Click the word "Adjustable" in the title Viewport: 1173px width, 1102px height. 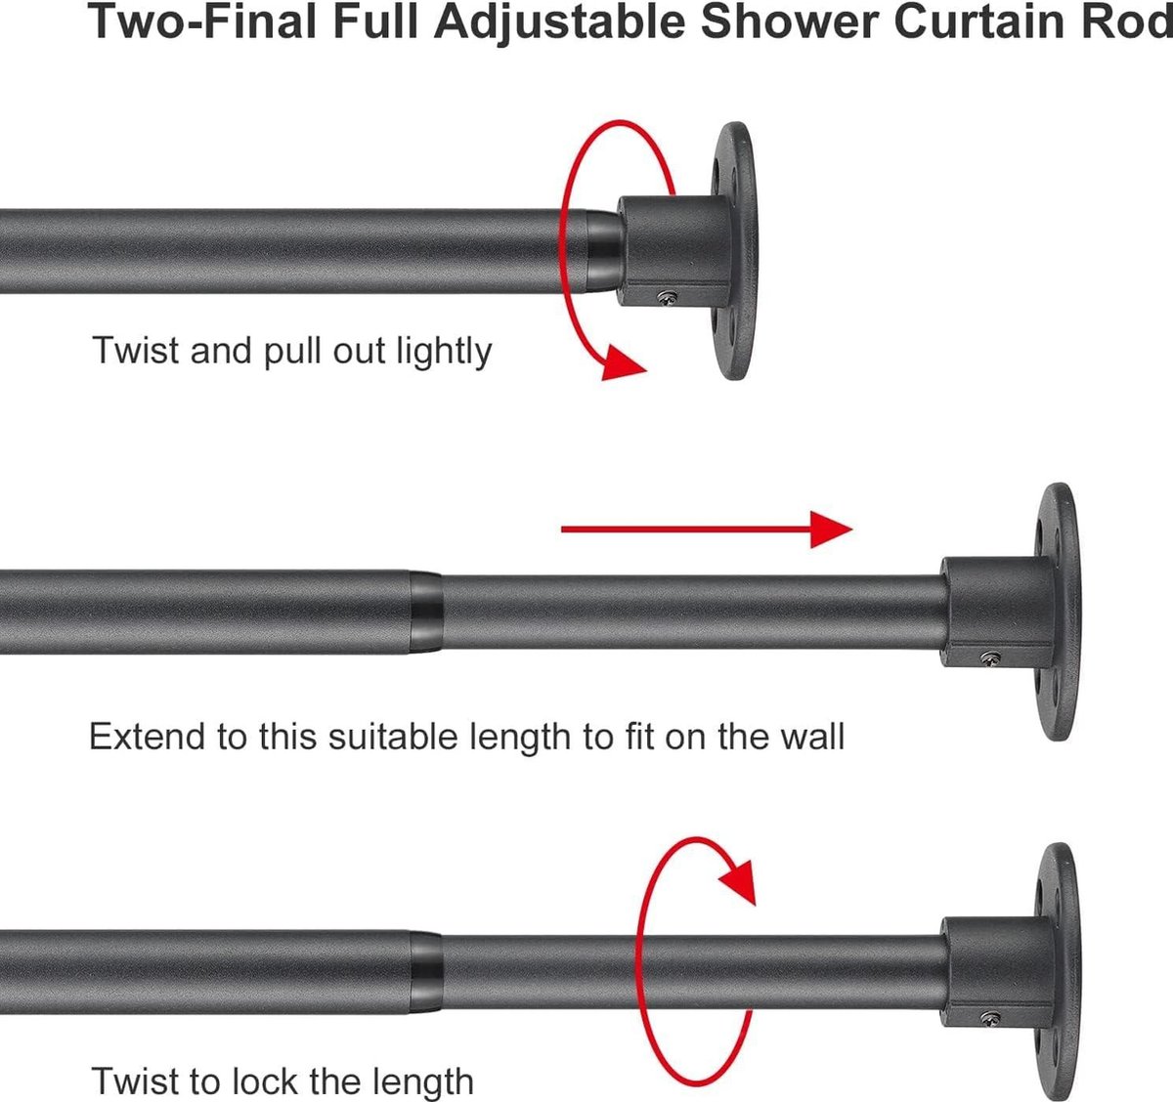click(x=559, y=21)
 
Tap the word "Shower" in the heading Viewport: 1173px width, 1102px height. click(x=790, y=21)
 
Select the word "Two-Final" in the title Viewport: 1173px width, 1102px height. click(x=201, y=21)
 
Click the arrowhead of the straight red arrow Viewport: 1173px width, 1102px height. click(x=831, y=530)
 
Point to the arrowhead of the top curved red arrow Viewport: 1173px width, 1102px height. click(x=623, y=363)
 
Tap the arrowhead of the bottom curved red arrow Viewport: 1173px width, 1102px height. click(x=739, y=882)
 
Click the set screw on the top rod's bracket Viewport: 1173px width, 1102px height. click(x=669, y=297)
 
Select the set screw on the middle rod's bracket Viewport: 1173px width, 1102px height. click(x=990, y=657)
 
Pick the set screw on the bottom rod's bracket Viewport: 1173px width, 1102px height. click(x=990, y=1018)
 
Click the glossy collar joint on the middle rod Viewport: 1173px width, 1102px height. click(x=426, y=612)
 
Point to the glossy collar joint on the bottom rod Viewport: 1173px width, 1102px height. click(x=426, y=972)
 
